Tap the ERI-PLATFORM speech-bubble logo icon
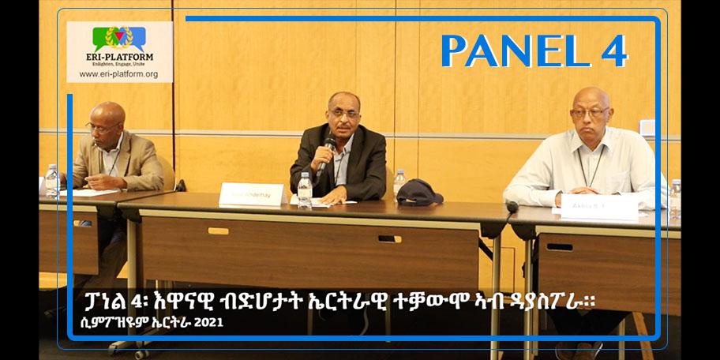pyautogui.click(x=119, y=39)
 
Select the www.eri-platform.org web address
pyautogui.click(x=119, y=75)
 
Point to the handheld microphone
pyautogui.click(x=325, y=155)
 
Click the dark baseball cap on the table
pyautogui.click(x=419, y=193)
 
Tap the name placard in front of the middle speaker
pyautogui.click(x=250, y=193)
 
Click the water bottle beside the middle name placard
pyautogui.click(x=305, y=189)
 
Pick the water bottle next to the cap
pyautogui.click(x=399, y=184)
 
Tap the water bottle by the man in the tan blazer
pyautogui.click(x=52, y=180)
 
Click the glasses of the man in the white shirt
pyautogui.click(x=591, y=113)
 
